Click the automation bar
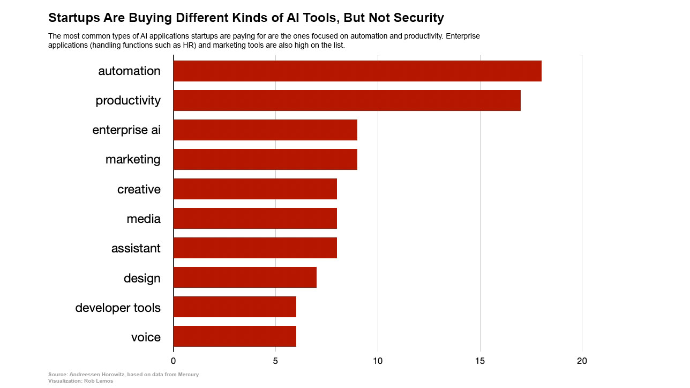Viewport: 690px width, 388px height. click(x=357, y=71)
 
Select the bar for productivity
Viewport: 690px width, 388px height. click(x=347, y=100)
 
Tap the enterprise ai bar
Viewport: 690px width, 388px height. click(x=265, y=130)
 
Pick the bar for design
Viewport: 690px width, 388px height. click(x=245, y=278)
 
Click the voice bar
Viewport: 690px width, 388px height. click(x=235, y=337)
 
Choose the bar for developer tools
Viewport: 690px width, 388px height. click(x=235, y=307)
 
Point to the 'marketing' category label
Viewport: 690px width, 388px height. click(x=133, y=160)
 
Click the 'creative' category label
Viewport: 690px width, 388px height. click(x=139, y=189)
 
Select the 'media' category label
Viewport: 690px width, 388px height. click(x=143, y=219)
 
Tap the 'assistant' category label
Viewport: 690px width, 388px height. click(x=136, y=248)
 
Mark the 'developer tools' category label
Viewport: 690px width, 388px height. click(x=118, y=308)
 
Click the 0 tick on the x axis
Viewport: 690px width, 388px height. click(x=174, y=361)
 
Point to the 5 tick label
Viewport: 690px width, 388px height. click(x=275, y=361)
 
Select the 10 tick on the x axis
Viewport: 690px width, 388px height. click(x=378, y=361)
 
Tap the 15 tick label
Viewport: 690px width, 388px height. click(x=480, y=361)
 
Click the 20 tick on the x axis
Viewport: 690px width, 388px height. click(x=582, y=361)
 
